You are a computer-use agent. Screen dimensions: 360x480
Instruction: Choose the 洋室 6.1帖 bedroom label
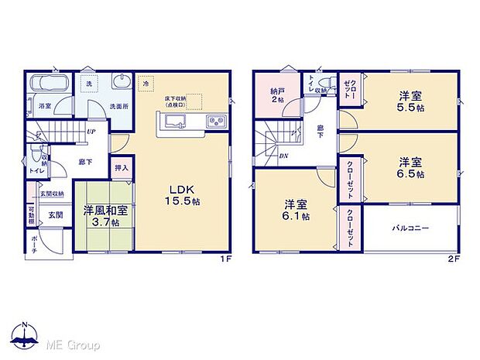pyautogui.click(x=296, y=210)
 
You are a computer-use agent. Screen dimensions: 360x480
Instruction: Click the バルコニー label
pyautogui.click(x=410, y=228)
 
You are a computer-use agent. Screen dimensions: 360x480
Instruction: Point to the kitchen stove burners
pyautogui.click(x=214, y=122)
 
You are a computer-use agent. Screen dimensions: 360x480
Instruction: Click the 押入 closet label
pyautogui.click(x=122, y=166)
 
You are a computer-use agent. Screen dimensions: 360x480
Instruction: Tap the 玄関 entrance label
pyautogui.click(x=57, y=215)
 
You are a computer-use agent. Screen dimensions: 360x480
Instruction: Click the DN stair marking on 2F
pyautogui.click(x=283, y=155)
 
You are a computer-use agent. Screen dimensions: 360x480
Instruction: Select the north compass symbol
pyautogui.click(x=26, y=334)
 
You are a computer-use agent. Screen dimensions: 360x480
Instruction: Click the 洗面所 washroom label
pyautogui.click(x=118, y=105)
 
